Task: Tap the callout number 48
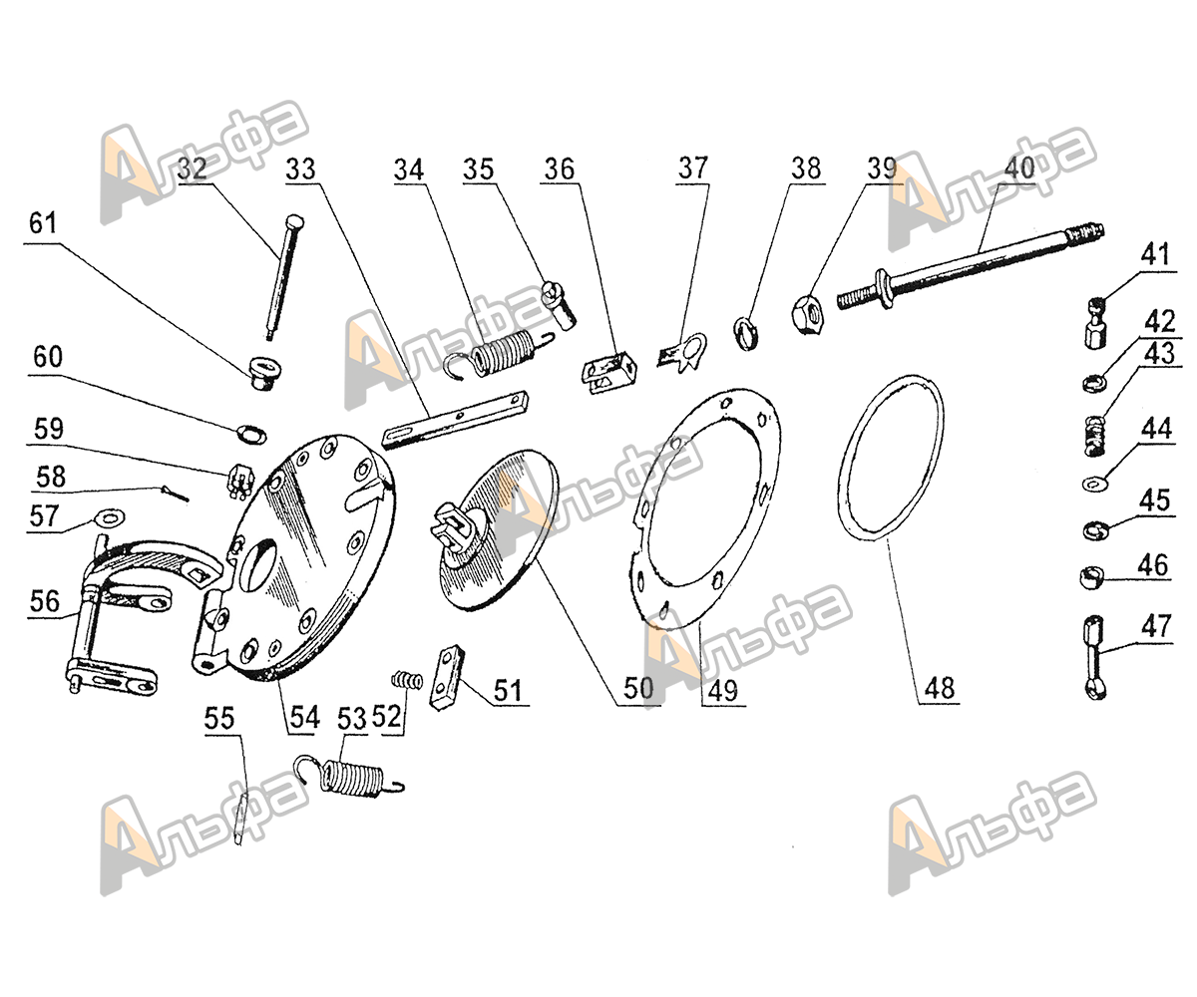tap(939, 687)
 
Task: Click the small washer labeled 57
tap(103, 517)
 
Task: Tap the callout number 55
tap(222, 719)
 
